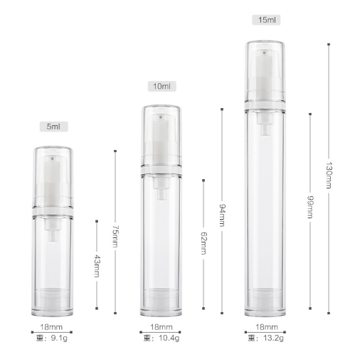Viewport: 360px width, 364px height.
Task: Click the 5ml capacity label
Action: [53, 127]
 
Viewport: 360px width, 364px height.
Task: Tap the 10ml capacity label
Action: [162, 86]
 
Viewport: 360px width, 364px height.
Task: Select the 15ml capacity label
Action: [266, 20]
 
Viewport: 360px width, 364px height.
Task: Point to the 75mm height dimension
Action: [115, 236]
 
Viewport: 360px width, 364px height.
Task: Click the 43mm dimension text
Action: [97, 266]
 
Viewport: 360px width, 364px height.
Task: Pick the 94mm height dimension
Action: [222, 215]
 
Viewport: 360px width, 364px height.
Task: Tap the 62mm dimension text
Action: [203, 243]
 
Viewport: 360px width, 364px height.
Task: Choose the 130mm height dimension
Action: [329, 175]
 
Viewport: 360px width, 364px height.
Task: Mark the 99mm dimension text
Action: [310, 207]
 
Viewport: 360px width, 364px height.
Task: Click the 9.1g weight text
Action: [59, 338]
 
